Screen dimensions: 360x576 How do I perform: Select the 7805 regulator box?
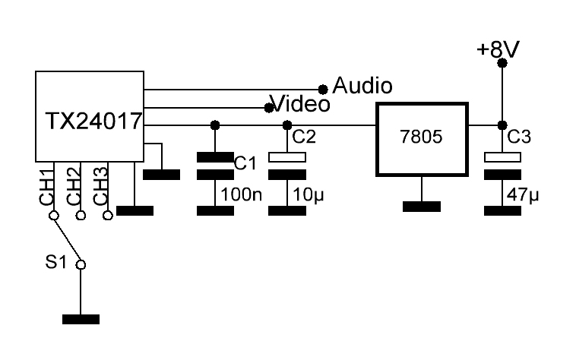click(x=422, y=140)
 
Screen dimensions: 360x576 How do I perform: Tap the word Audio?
click(x=362, y=86)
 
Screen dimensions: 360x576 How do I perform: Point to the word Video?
click(x=301, y=103)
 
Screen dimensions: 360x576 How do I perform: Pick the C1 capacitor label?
click(x=245, y=162)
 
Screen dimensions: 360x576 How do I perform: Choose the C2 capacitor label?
click(x=304, y=137)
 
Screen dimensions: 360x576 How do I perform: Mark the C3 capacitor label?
click(x=519, y=137)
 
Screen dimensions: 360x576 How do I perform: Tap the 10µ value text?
click(x=307, y=195)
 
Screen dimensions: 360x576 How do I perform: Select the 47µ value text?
click(x=522, y=195)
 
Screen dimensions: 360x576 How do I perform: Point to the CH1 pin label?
click(x=47, y=186)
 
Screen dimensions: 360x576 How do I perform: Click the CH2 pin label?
click(x=74, y=186)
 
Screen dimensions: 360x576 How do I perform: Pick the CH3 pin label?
click(x=100, y=186)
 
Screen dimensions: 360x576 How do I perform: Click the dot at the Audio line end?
click(x=323, y=89)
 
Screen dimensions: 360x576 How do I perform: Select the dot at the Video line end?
click(x=269, y=107)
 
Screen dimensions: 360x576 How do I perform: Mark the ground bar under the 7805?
click(x=421, y=206)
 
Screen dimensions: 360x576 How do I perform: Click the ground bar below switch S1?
click(x=81, y=318)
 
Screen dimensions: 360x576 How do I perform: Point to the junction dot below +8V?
click(x=501, y=125)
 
